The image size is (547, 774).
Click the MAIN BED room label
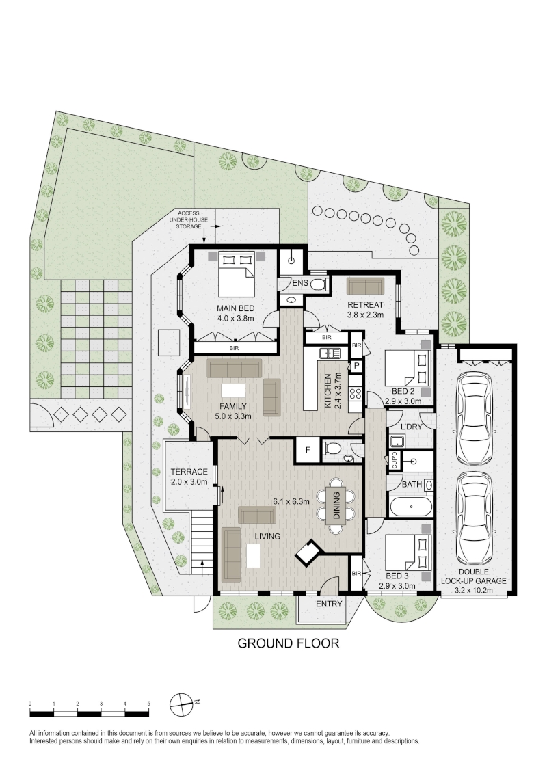pos(236,308)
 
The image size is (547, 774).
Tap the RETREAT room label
pos(365,304)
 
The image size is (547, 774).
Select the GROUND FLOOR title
pos(289,643)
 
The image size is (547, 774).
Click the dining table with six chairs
pos(336,505)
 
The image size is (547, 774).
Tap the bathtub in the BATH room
pos(411,507)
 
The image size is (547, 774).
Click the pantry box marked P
pos(356,366)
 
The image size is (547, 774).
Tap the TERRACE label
pos(189,471)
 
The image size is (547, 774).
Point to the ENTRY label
pos(329,604)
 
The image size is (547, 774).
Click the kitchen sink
pos(330,353)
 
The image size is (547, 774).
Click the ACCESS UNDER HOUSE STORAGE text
pos(189,219)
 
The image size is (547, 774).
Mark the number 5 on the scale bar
pos(148,704)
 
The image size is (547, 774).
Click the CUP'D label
pos(395,461)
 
